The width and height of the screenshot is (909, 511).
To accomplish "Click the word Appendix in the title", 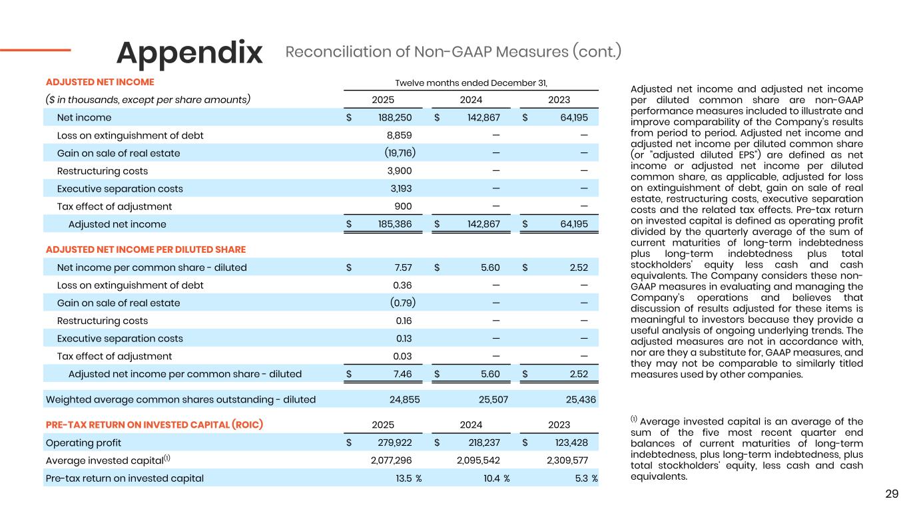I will [x=190, y=53].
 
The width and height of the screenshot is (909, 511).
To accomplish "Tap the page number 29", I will [x=892, y=494].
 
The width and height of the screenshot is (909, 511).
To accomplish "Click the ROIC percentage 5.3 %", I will [x=584, y=478].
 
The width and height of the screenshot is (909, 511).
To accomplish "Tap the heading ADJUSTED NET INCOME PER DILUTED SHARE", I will [x=146, y=250].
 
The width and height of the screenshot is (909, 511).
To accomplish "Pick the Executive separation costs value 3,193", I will [x=401, y=188].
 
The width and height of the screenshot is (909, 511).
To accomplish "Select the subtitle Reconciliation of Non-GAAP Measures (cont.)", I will [x=453, y=51].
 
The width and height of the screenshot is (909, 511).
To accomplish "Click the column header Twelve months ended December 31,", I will [x=471, y=83].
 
